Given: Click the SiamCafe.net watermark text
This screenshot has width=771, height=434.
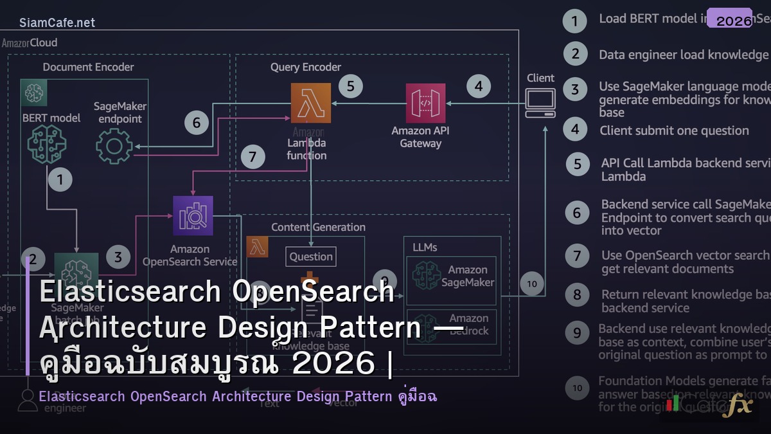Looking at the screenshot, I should tap(57, 23).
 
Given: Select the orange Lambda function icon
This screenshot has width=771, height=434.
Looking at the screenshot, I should tap(311, 103).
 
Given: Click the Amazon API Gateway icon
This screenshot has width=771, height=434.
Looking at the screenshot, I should tap(425, 103).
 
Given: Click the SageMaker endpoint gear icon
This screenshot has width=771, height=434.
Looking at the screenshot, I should tap(114, 145).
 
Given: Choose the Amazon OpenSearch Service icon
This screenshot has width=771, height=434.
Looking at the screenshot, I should tap(193, 216).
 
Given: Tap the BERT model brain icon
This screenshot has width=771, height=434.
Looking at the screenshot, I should tap(46, 145).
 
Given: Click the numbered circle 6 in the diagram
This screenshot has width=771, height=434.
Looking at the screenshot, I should tap(197, 122).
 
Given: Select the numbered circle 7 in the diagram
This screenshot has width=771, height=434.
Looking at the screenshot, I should tap(253, 157).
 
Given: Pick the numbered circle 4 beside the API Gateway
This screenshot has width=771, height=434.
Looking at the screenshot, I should tap(478, 86).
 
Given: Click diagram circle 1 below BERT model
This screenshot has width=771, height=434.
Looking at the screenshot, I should tap(60, 179).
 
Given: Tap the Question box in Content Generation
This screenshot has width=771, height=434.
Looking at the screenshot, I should tap(311, 257).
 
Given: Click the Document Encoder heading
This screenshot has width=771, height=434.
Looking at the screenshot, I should tap(88, 67).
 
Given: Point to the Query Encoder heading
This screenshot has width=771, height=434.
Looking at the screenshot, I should tap(306, 67).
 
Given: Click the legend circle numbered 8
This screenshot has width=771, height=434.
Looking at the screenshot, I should tap(577, 295).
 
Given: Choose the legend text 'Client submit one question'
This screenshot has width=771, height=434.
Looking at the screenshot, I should tap(674, 131).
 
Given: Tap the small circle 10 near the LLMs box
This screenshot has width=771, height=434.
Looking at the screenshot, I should tap(532, 284).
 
